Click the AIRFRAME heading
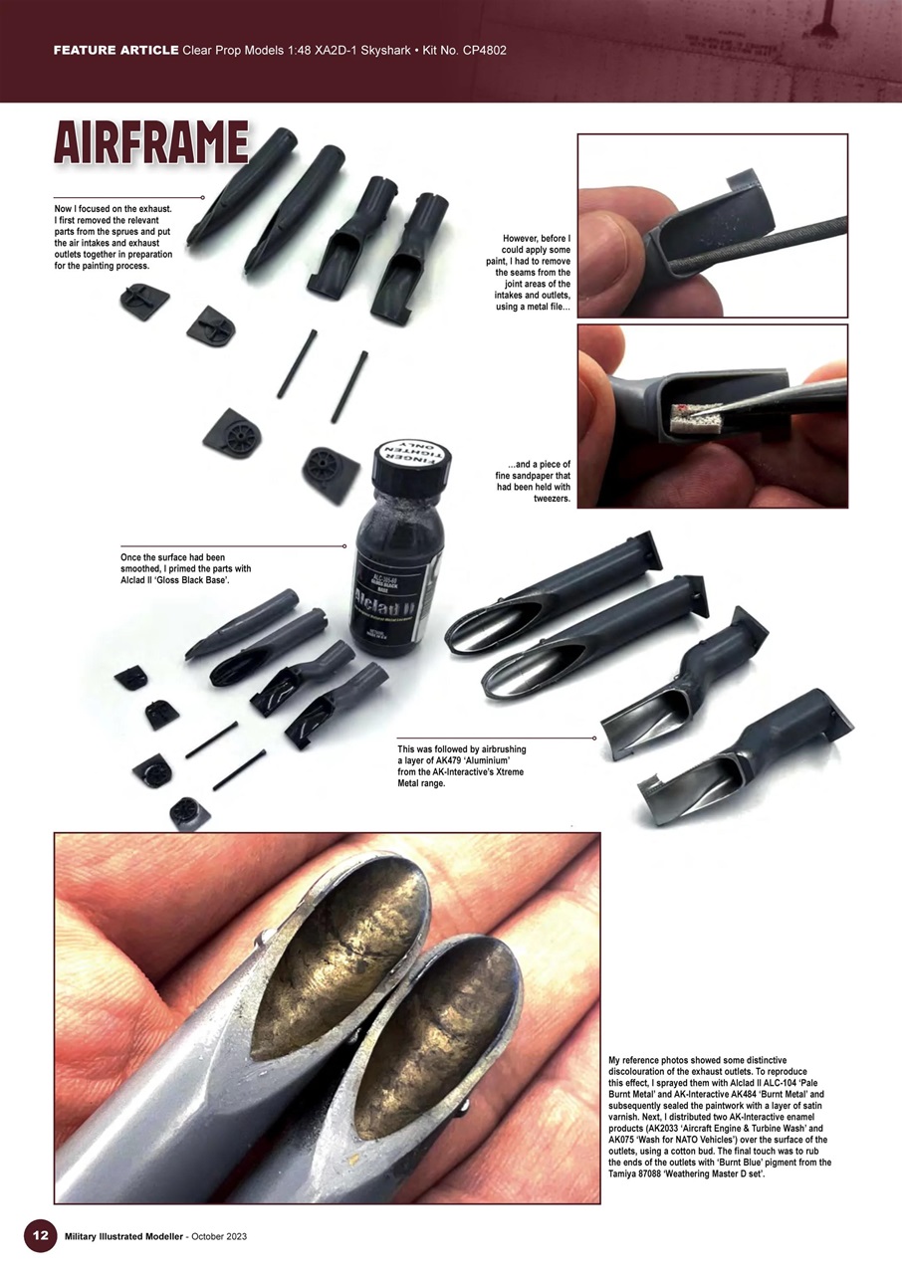(x=150, y=143)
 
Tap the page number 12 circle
(x=39, y=1235)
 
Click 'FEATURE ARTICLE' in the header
(x=115, y=50)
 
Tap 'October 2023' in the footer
(x=214, y=1236)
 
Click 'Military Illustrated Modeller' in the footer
(x=122, y=1236)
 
